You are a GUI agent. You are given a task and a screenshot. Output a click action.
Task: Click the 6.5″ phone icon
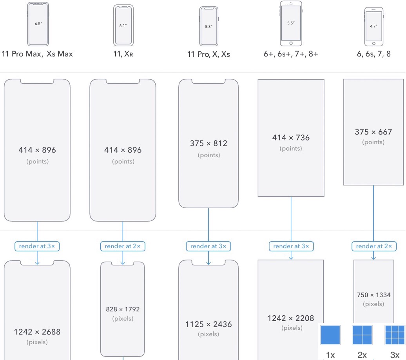click(38, 24)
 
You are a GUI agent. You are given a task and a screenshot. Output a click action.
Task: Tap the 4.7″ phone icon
click(373, 26)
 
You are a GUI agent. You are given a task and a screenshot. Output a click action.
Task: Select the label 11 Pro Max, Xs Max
click(37, 54)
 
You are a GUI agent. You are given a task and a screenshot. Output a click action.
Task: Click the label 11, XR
click(123, 54)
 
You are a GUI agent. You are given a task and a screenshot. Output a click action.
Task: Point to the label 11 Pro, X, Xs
click(208, 55)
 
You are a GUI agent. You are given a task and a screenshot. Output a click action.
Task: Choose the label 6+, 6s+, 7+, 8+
click(291, 54)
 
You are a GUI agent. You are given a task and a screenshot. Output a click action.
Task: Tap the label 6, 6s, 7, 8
click(373, 54)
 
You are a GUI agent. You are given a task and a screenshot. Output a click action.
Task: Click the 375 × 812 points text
click(208, 144)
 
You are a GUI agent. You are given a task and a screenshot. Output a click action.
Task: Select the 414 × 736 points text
click(291, 138)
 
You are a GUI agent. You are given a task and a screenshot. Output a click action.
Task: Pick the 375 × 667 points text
click(373, 132)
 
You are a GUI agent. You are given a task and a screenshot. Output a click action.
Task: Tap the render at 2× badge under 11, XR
click(123, 246)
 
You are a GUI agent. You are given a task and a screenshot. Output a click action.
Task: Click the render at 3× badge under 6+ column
click(291, 246)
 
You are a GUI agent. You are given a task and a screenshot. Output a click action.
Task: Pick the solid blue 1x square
click(330, 335)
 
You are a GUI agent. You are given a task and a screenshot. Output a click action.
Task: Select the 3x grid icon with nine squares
click(395, 335)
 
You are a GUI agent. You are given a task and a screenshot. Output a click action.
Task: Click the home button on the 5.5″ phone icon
click(291, 43)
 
